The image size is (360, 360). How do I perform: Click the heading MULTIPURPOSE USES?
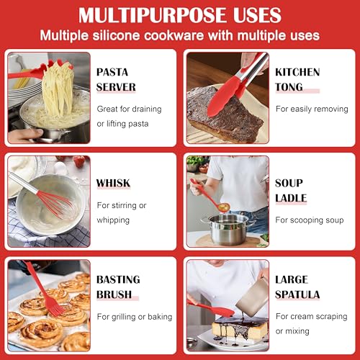[180, 15]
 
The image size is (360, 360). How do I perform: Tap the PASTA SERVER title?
[116, 80]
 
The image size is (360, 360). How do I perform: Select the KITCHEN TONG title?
[297, 80]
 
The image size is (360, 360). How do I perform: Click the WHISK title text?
[113, 183]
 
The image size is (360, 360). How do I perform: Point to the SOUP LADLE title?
[291, 191]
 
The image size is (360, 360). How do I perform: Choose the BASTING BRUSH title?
[118, 287]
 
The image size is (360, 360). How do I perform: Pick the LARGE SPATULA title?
[297, 287]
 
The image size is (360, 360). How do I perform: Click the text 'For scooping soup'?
[310, 220]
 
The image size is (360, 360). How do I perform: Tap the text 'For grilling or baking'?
[135, 317]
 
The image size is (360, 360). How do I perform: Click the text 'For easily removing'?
[312, 109]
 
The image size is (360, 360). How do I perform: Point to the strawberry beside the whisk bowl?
[79, 161]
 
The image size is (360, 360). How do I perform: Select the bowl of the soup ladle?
[224, 207]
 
